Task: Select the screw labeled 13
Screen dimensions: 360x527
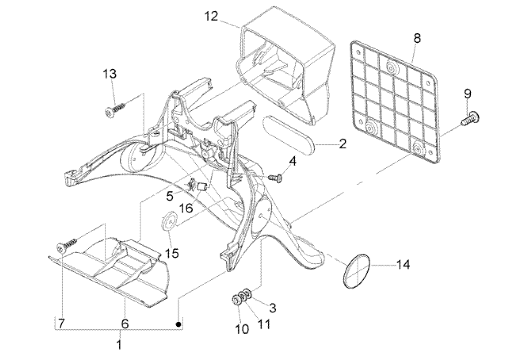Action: [x=115, y=108]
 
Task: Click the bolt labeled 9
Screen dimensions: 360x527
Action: [x=469, y=118]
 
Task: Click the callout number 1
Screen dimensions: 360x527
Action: [x=119, y=346]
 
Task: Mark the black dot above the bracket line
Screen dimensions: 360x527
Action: [x=179, y=324]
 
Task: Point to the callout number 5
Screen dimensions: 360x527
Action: [x=169, y=196]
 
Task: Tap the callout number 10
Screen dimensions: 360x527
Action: [x=242, y=329]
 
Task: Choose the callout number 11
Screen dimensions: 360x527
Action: [x=264, y=324]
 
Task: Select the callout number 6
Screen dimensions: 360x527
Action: [x=125, y=323]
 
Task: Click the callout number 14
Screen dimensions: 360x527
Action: [x=403, y=265]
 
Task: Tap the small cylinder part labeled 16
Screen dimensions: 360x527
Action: [x=202, y=187]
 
